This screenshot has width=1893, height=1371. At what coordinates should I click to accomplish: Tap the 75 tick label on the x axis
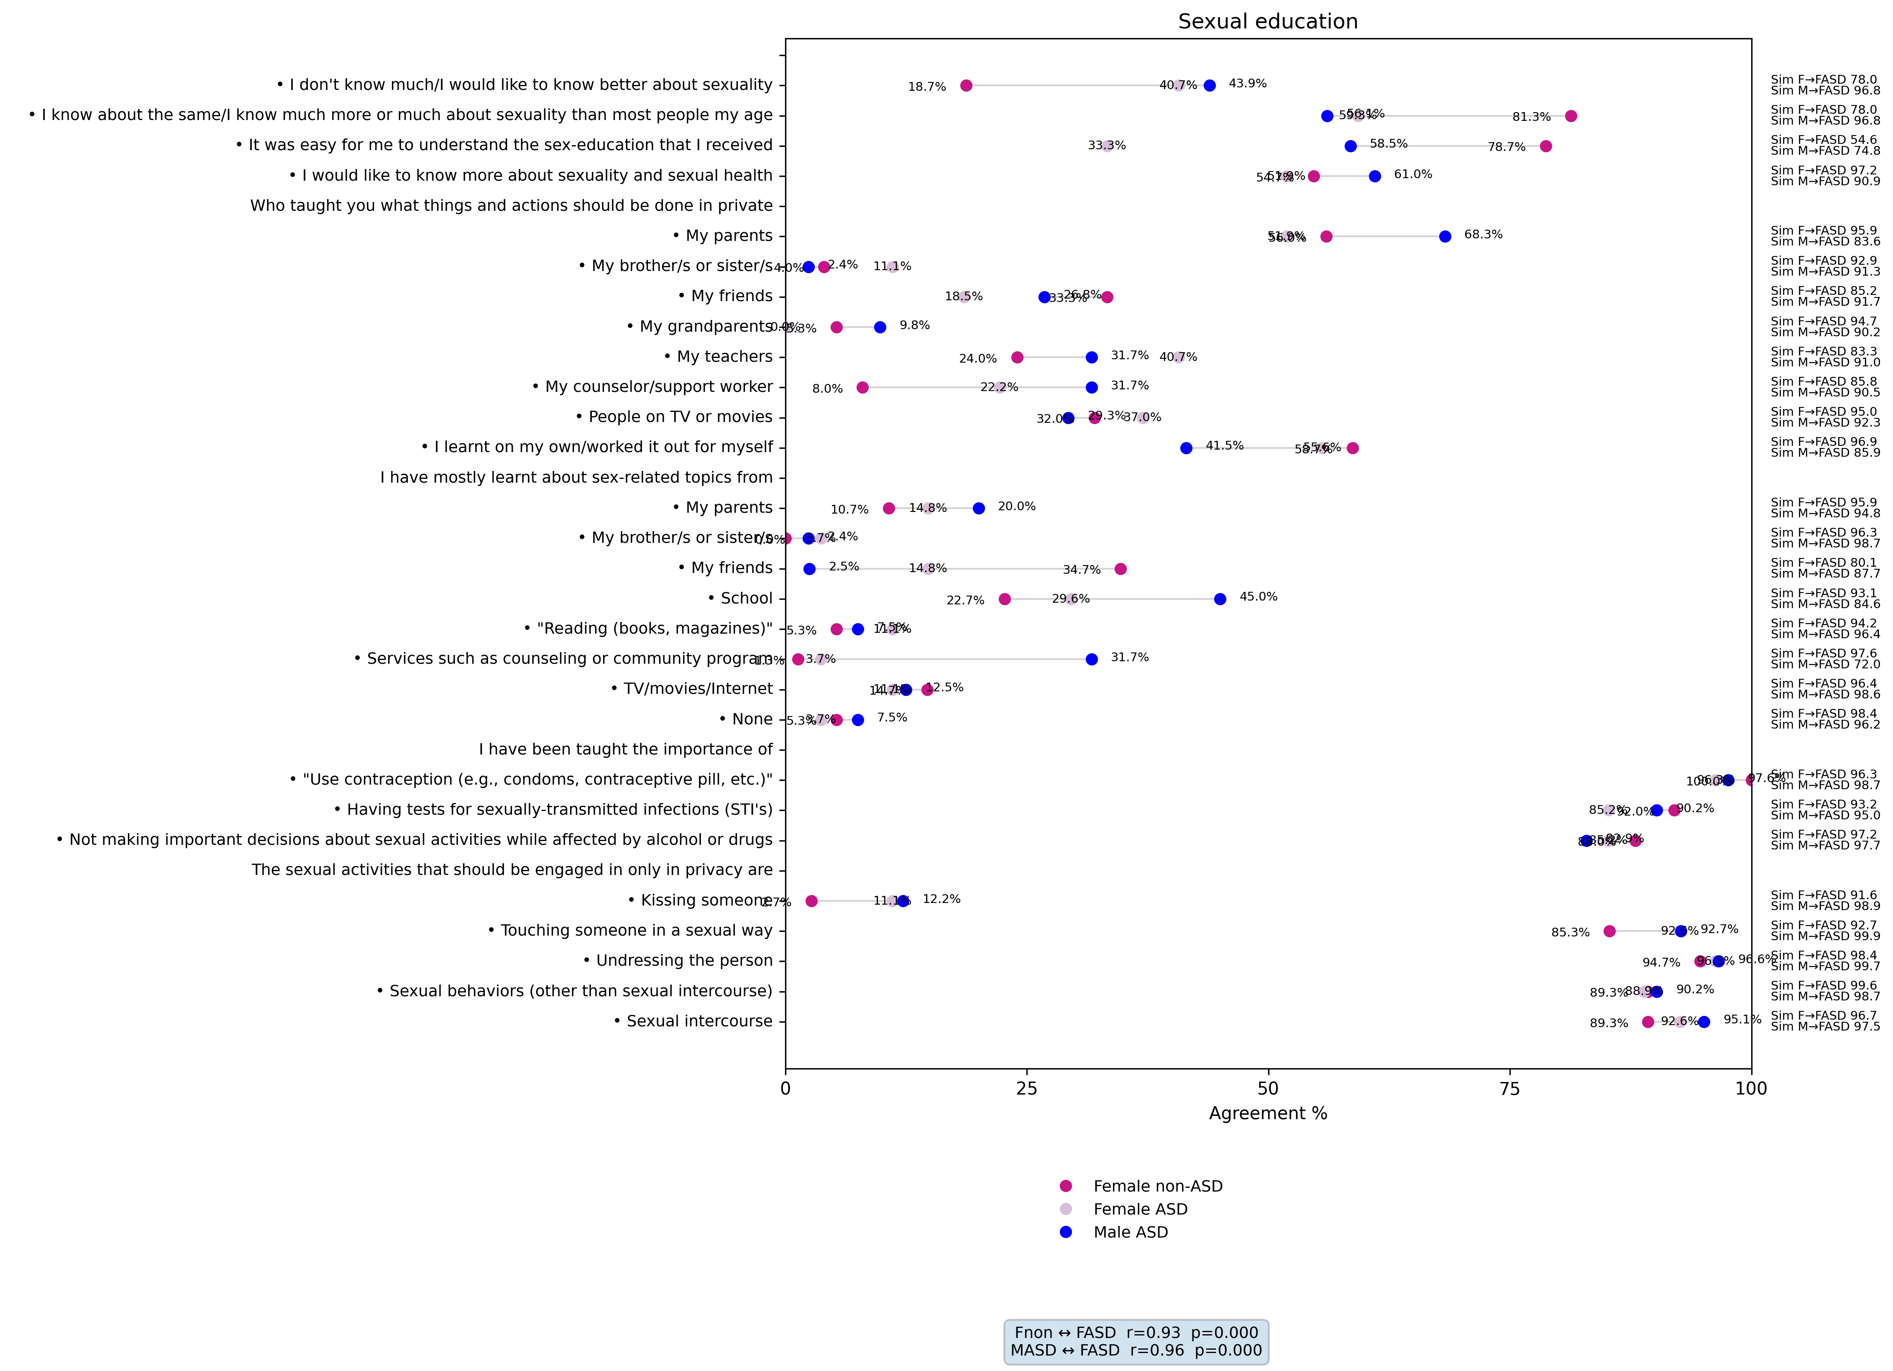[x=1509, y=1088]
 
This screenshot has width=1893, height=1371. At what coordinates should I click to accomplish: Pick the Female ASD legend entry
[x=1139, y=1209]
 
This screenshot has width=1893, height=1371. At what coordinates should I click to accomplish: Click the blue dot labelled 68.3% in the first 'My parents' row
[x=1445, y=236]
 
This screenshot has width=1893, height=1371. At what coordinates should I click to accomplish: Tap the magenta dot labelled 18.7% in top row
[x=966, y=85]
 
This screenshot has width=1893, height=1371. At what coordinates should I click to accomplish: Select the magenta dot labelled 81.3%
[x=1570, y=116]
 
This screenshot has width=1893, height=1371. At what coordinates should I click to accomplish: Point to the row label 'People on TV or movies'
[x=680, y=417]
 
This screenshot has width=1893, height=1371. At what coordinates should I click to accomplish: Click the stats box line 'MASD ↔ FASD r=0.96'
[x=1136, y=1350]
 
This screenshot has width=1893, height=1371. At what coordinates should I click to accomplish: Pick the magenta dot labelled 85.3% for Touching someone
[x=1609, y=931]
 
